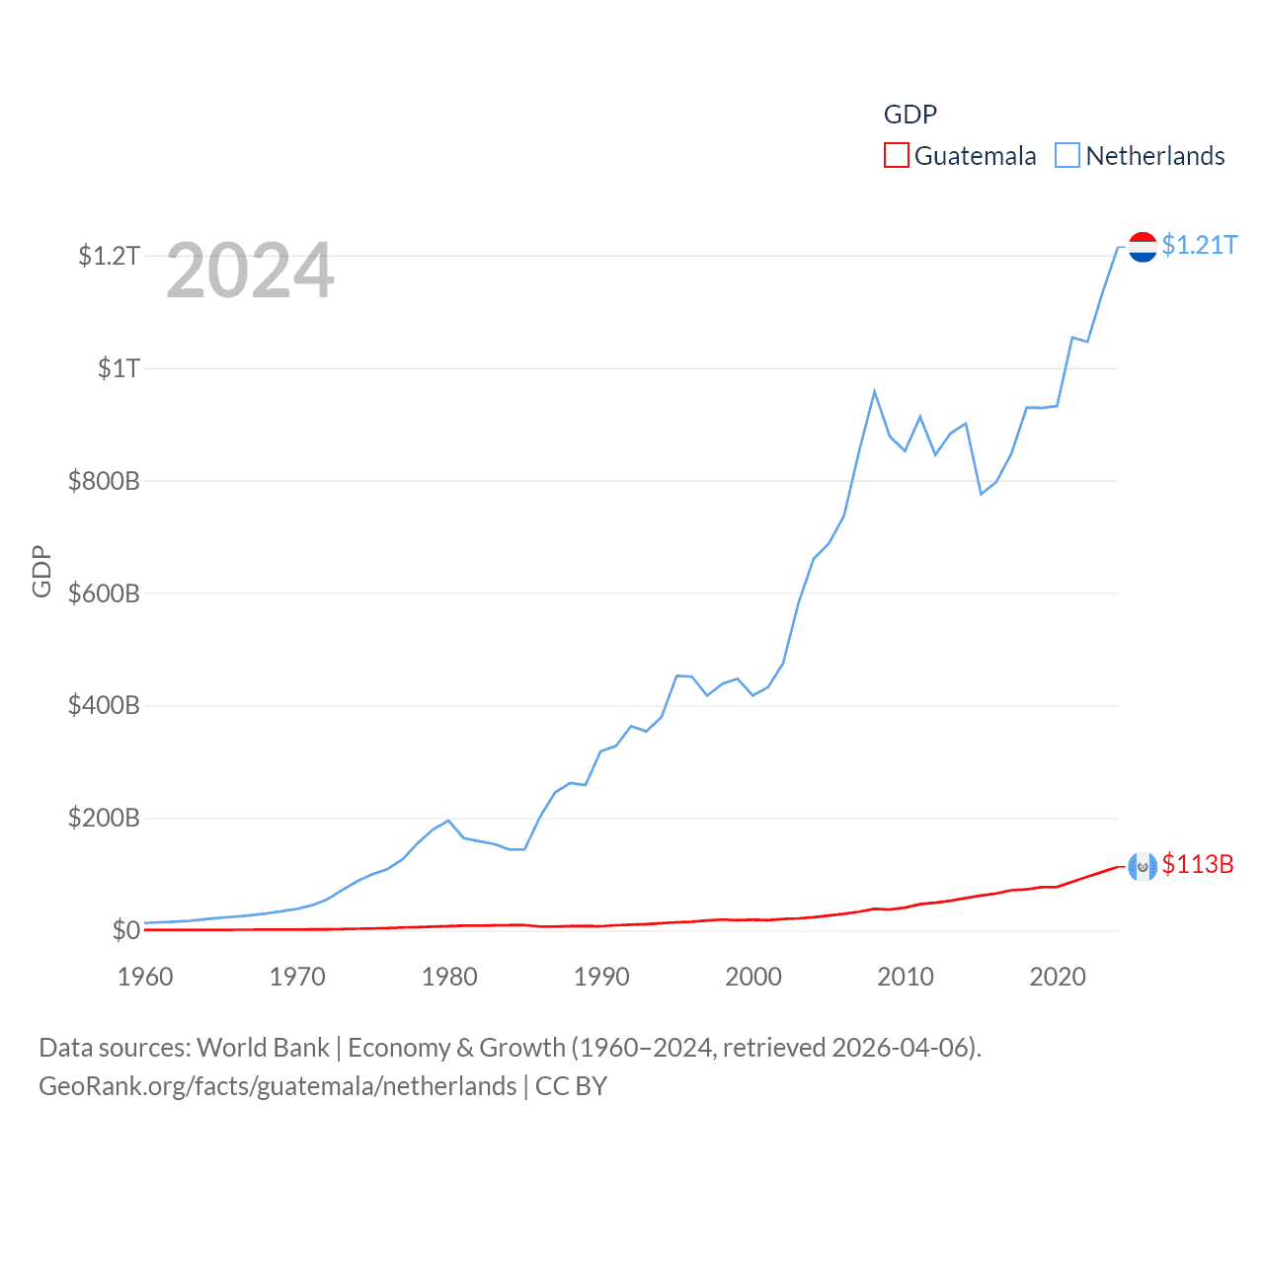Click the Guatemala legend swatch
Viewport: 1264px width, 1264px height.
click(896, 156)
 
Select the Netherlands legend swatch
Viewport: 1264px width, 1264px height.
click(1067, 156)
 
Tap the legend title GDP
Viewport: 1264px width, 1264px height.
click(909, 115)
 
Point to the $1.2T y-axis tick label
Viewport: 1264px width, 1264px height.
click(109, 257)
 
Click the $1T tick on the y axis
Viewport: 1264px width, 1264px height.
click(118, 369)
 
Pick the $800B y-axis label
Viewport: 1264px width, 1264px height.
click(104, 482)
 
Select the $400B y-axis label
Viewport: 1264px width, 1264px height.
click(104, 706)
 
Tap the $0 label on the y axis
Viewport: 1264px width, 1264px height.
click(125, 930)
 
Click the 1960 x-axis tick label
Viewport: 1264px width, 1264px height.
click(145, 977)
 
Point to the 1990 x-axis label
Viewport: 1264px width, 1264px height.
click(601, 977)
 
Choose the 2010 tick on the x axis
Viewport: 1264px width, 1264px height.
click(906, 977)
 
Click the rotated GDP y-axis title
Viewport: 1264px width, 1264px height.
click(41, 571)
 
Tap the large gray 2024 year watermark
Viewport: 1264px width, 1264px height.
click(250, 271)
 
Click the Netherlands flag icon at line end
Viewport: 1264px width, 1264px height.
click(1143, 247)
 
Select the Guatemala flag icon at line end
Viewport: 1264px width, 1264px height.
click(1143, 866)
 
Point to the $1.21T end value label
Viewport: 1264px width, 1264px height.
click(1199, 245)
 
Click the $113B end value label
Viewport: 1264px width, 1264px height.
click(1197, 864)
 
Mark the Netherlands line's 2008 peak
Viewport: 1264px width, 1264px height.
click(874, 392)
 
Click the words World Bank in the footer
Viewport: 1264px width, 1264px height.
click(263, 1047)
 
